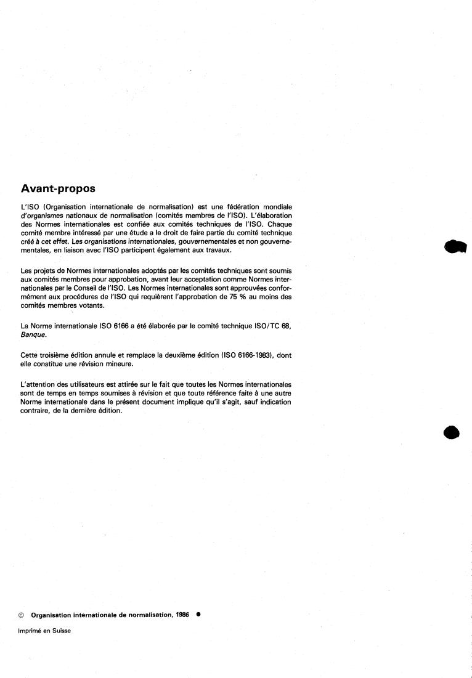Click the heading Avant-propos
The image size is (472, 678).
[58, 187]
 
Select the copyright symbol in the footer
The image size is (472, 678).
[22, 615]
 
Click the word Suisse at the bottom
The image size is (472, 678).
[62, 631]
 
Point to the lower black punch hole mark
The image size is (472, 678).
[452, 432]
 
